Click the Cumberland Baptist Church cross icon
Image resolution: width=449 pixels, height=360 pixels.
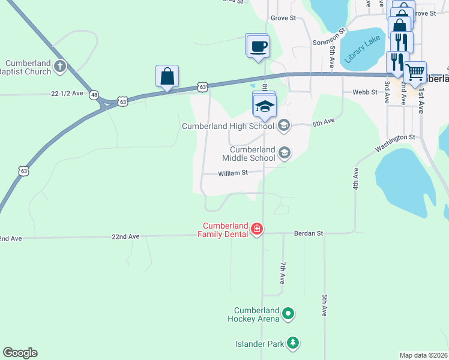click(60, 66)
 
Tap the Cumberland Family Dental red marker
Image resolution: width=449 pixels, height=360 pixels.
click(257, 229)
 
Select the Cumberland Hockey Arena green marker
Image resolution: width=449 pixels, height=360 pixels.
click(288, 313)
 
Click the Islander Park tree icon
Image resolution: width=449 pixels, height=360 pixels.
click(292, 343)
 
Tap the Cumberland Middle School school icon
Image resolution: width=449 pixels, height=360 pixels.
click(284, 154)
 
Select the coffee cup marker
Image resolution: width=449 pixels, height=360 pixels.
click(258, 46)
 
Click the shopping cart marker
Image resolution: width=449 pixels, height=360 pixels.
click(415, 73)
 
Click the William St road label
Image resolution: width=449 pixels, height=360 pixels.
click(233, 173)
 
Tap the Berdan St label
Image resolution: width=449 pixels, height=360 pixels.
click(308, 233)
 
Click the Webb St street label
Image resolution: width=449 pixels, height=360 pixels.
click(365, 92)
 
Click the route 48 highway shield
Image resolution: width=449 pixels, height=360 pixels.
click(94, 95)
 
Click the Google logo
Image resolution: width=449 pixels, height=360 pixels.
click(20, 353)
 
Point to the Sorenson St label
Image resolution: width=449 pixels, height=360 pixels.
click(330, 37)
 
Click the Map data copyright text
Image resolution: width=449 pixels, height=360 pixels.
click(424, 355)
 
